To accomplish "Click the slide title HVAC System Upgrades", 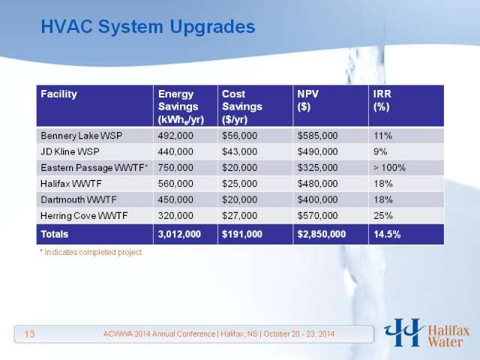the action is click(x=148, y=28).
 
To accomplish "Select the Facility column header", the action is click(x=58, y=94).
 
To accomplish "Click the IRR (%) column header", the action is click(x=382, y=100).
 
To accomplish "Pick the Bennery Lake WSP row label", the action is click(x=82, y=136).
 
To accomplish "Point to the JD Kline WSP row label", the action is click(x=70, y=151).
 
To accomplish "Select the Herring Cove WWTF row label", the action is click(x=84, y=215).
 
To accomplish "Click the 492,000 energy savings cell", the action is click(x=175, y=136).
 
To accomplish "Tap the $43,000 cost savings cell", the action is click(x=240, y=151).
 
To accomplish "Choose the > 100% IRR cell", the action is click(x=389, y=168).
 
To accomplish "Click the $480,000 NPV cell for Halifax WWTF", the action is click(x=318, y=184).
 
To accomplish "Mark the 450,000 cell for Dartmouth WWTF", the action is click(x=175, y=199).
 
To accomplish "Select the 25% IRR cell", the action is click(x=383, y=215).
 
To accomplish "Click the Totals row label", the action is click(x=55, y=234).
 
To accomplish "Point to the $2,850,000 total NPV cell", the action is click(x=322, y=234).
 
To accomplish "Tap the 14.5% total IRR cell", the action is click(x=387, y=234).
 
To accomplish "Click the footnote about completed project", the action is click(x=91, y=252).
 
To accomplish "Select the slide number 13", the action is click(x=29, y=334).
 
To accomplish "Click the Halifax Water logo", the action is click(x=427, y=333).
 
